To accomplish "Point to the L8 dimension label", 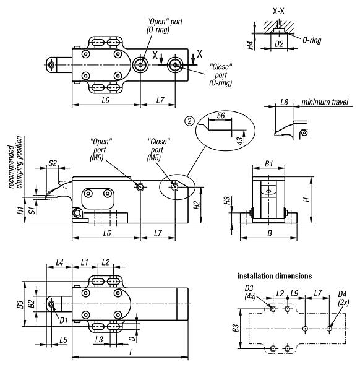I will (284, 100).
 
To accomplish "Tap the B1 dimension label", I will (269, 165).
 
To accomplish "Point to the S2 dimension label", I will (53, 163).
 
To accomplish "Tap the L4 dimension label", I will (60, 262).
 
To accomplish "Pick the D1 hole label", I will (62, 319).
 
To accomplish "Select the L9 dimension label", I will (294, 292).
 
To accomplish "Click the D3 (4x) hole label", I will (249, 291).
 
